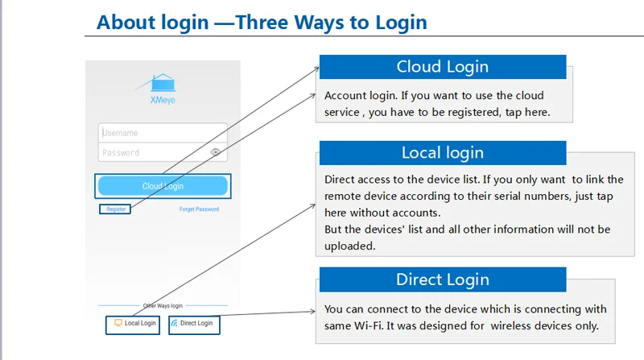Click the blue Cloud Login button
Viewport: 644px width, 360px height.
(163, 186)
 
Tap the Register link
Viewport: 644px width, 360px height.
(116, 209)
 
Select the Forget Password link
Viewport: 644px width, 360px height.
(199, 209)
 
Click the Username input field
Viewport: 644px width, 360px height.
(163, 133)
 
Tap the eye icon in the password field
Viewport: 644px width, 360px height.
(215, 152)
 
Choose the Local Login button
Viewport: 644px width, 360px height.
(133, 325)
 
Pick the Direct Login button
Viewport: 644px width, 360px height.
(194, 325)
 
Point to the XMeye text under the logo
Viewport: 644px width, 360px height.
(163, 100)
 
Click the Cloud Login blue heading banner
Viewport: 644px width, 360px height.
(443, 67)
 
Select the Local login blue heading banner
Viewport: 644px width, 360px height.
(443, 153)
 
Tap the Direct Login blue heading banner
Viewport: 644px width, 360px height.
(443, 279)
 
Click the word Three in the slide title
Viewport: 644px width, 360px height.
(261, 23)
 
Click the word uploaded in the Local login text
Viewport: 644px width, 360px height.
(350, 246)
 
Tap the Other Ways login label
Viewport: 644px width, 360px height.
(163, 306)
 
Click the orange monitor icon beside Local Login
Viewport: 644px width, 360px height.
(118, 323)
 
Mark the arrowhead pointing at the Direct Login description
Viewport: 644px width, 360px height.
(313, 312)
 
